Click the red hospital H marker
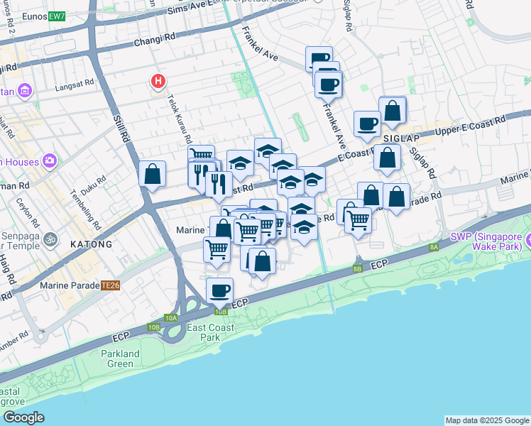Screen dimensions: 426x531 click(158, 82)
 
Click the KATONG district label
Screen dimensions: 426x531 click(91, 244)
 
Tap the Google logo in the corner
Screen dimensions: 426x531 click(23, 417)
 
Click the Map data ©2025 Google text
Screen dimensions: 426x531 click(487, 420)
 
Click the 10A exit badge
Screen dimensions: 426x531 click(170, 318)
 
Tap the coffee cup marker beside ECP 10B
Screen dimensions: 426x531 click(219, 290)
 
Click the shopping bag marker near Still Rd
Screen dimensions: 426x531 click(153, 174)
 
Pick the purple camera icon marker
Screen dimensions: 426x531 click(50, 160)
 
